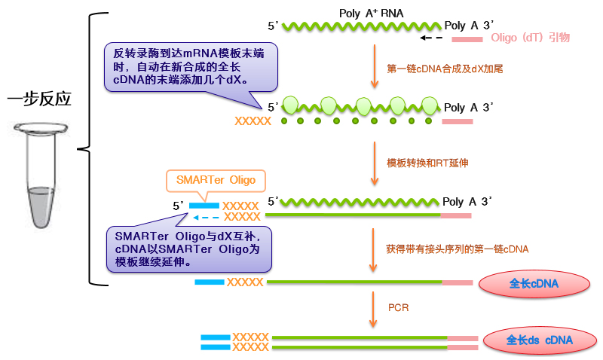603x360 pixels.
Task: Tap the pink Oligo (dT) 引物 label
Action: [x=530, y=37]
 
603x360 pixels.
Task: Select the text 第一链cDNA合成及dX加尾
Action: [x=445, y=68]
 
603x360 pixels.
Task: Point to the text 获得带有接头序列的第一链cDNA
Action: [x=457, y=249]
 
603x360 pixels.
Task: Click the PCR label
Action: [x=398, y=307]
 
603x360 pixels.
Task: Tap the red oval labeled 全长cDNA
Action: [x=533, y=284]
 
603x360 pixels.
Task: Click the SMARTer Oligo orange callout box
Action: [x=216, y=181]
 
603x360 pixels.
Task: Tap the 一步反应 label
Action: [x=38, y=99]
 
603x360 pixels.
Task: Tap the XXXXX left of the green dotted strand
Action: [x=253, y=121]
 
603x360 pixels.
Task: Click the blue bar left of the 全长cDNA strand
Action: [x=209, y=282]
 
